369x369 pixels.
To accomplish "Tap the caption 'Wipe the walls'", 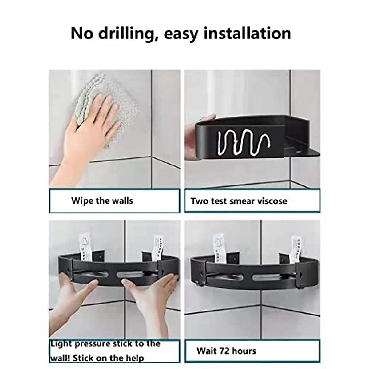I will (102, 201).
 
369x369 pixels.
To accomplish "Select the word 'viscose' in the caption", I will (271, 201).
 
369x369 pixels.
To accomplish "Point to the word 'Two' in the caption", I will (200, 201).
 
